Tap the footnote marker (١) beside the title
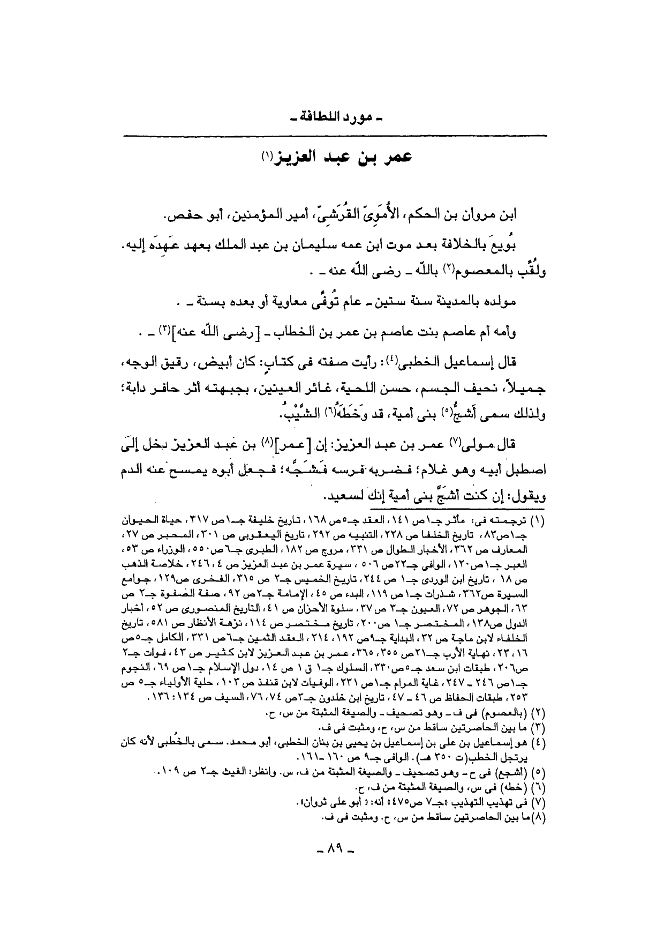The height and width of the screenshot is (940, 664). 266,156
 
